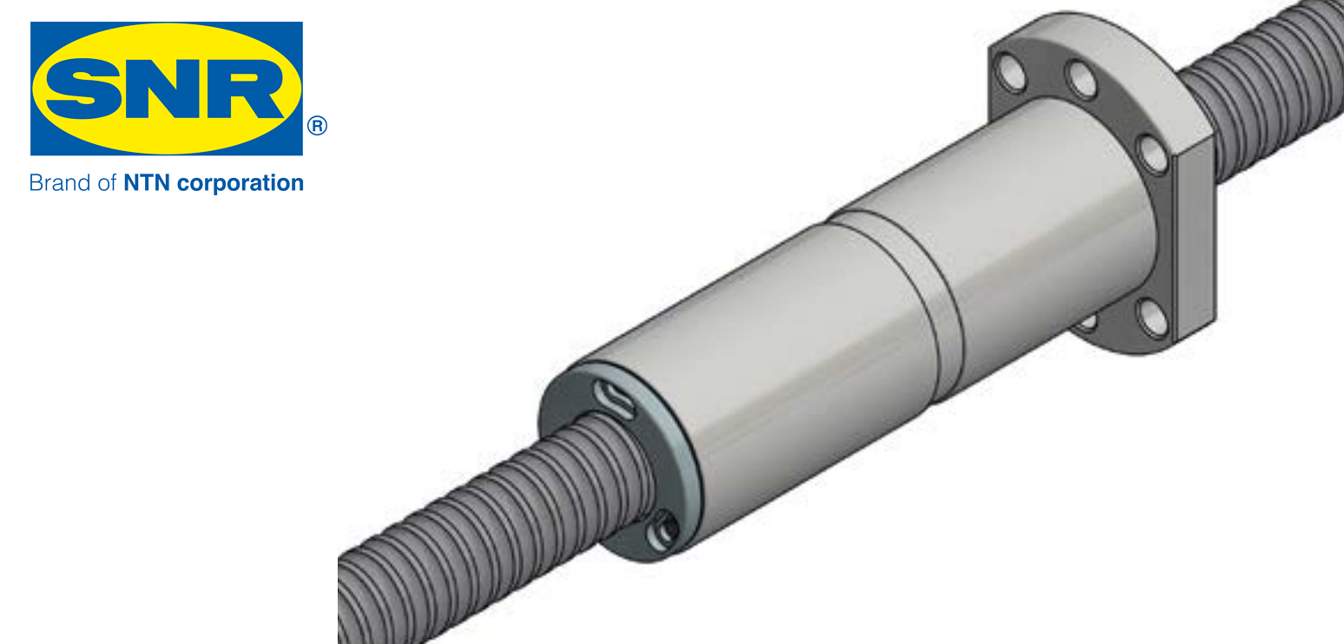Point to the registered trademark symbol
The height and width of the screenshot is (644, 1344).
[317, 126]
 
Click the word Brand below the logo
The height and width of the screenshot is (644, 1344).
[59, 183]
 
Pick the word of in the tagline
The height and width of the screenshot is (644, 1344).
[107, 183]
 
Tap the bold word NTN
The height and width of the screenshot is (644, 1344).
[147, 183]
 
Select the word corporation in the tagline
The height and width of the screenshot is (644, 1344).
[240, 183]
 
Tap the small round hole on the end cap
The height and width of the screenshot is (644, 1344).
[664, 529]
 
